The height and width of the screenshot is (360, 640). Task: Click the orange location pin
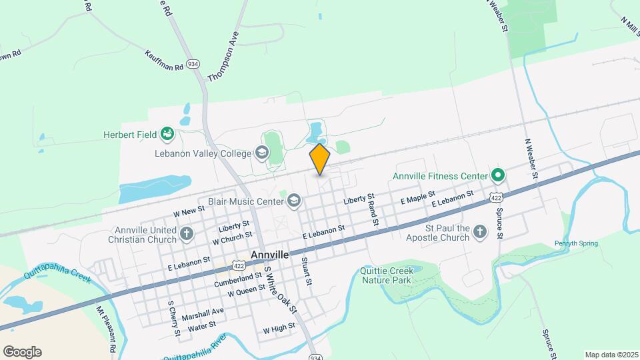click(x=320, y=159)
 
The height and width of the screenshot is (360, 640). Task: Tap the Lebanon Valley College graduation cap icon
click(x=262, y=153)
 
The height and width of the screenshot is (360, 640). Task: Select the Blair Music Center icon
click(x=294, y=200)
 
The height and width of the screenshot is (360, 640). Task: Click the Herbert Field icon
click(x=167, y=135)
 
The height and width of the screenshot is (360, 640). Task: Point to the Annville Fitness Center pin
click(x=497, y=176)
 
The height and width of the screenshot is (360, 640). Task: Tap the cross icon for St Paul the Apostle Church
click(x=479, y=232)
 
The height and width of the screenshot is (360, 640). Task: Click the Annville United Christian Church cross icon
click(x=187, y=234)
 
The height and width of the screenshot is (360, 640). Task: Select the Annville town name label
click(x=270, y=255)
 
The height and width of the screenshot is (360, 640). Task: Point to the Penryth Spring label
click(x=576, y=243)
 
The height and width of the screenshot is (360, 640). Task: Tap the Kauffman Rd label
click(x=164, y=60)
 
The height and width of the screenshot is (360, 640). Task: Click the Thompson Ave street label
click(x=223, y=59)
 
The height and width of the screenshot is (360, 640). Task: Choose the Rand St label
click(x=374, y=212)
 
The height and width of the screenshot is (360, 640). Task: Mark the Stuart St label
click(x=307, y=271)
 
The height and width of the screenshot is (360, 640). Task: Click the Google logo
click(x=22, y=352)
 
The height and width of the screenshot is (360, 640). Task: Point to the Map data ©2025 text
click(x=610, y=355)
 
